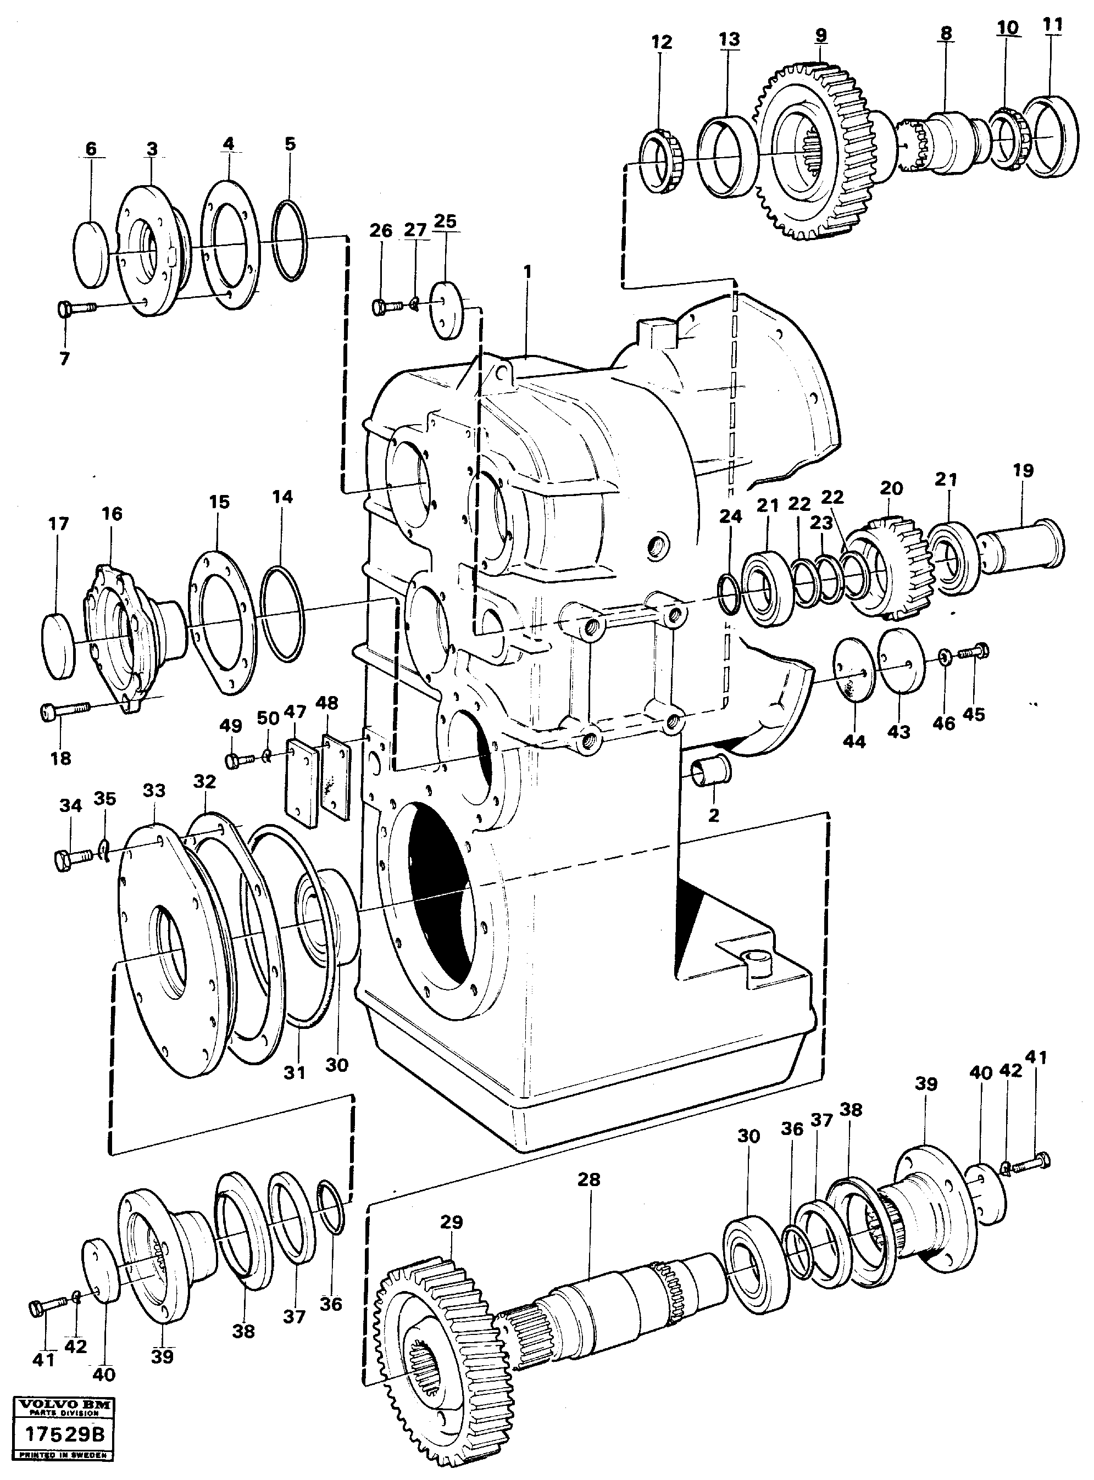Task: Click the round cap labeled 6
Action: tap(90, 254)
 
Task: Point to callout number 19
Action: tap(1023, 471)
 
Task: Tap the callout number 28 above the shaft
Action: tap(588, 1179)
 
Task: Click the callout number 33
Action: tap(154, 791)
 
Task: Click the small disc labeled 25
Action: tap(448, 310)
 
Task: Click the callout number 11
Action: tap(1052, 25)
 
